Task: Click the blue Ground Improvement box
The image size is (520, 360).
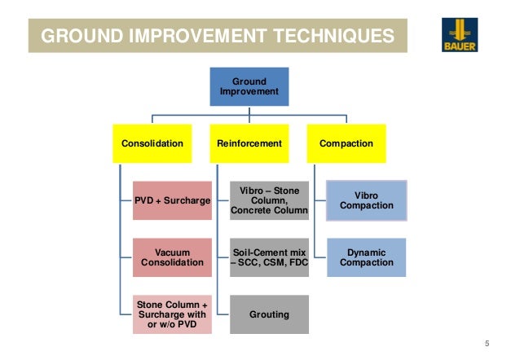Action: (249, 86)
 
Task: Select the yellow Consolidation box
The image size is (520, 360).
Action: (152, 143)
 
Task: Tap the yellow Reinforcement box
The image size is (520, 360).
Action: (249, 143)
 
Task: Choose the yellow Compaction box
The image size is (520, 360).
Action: (346, 143)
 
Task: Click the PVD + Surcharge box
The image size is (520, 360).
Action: (172, 200)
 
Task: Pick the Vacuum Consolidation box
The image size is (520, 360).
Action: (172, 257)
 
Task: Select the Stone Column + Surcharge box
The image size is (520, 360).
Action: (172, 314)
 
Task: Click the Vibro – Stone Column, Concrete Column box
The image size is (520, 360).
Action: (269, 200)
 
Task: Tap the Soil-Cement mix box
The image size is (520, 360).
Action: (269, 257)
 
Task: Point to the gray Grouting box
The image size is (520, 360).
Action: (269, 314)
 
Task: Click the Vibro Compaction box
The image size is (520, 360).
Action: (366, 200)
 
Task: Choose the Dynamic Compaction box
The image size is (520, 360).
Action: (366, 257)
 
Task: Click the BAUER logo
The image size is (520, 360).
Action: (460, 35)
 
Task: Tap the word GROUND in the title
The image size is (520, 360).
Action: (74, 37)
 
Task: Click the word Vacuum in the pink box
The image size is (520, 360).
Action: (172, 252)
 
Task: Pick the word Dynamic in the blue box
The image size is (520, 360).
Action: (366, 252)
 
